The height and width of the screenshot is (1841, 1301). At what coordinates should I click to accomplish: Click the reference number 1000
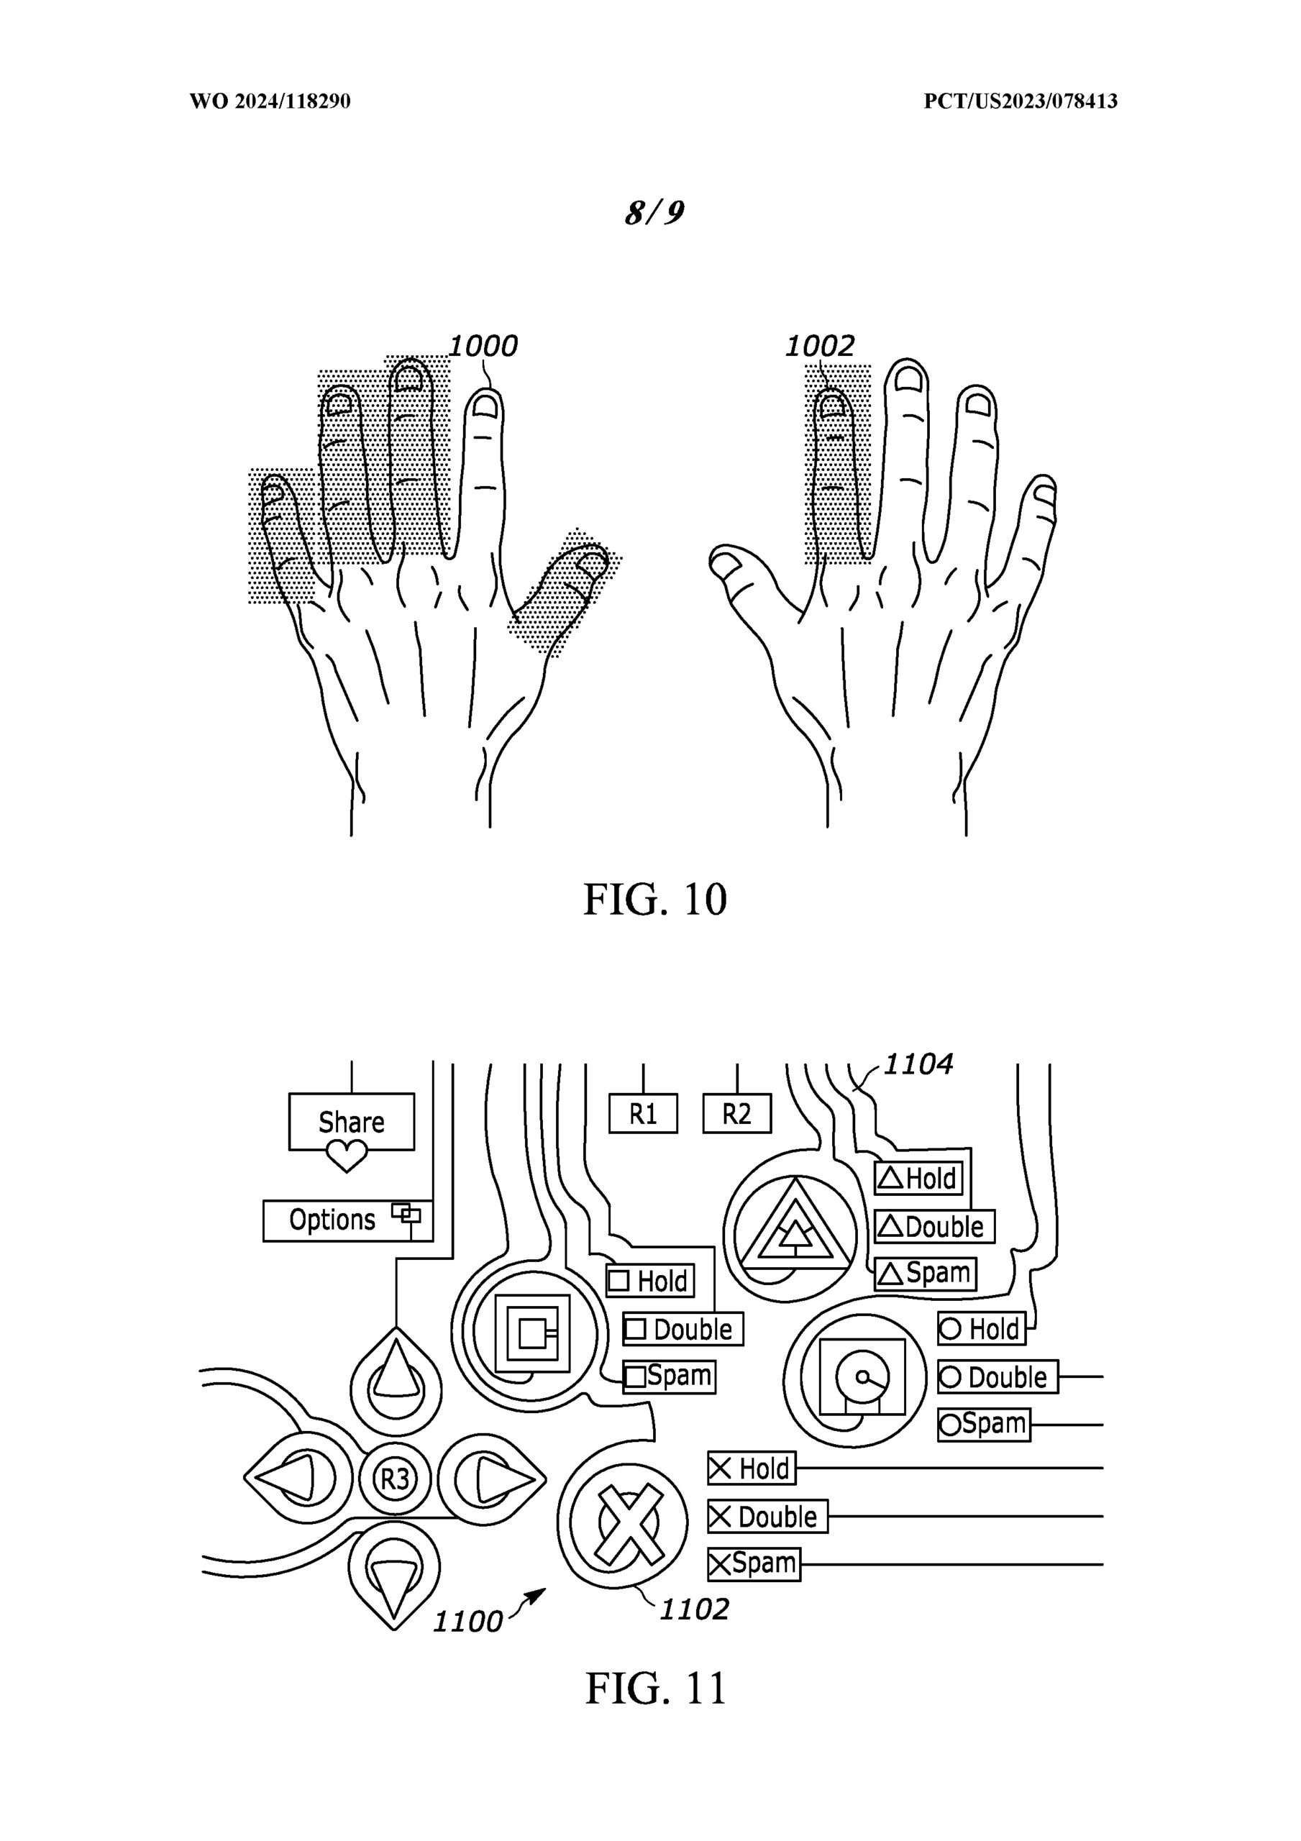coord(483,347)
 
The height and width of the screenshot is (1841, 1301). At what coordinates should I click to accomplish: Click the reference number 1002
coord(819,347)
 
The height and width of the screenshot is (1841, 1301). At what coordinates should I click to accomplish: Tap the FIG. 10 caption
coord(654,899)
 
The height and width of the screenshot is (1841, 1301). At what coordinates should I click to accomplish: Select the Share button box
coord(351,1121)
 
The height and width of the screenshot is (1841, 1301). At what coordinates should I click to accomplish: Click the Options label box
coord(347,1220)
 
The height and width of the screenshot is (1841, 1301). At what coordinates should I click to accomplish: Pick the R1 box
coord(643,1114)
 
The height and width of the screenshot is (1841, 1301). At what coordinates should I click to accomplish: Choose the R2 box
coord(737,1114)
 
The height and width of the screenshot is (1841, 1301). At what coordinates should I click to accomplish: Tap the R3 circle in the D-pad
coord(395,1478)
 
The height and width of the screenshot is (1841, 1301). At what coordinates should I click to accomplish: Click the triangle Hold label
coord(918,1179)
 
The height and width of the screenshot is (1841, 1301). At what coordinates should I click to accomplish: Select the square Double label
coord(683,1330)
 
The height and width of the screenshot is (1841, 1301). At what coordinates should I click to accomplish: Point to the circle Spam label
coord(984,1424)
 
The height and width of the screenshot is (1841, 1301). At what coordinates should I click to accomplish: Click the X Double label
coord(767,1517)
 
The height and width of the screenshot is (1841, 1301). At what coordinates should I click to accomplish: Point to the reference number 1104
coord(918,1065)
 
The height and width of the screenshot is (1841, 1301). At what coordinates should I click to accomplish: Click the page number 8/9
coord(654,212)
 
